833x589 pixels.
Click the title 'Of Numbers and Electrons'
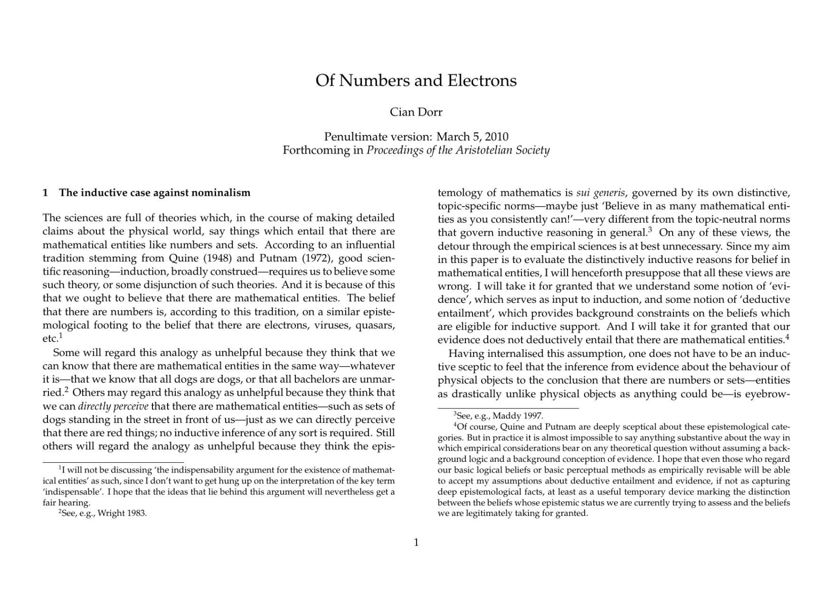coord(416,81)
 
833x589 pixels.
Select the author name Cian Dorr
coord(416,112)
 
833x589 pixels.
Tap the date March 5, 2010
coord(472,137)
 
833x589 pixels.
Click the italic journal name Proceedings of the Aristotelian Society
coord(458,150)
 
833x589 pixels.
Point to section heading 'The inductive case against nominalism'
coord(154,193)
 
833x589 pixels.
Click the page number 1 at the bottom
coord(416,543)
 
